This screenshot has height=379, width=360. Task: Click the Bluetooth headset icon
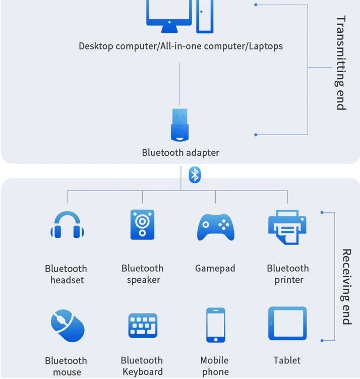(x=67, y=225)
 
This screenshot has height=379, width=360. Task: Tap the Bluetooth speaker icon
(x=142, y=225)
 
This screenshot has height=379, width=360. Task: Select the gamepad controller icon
(x=215, y=227)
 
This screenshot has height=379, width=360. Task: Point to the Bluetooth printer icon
(x=287, y=227)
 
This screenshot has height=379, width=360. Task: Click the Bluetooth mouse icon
(x=67, y=326)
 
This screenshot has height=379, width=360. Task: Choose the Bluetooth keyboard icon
(x=143, y=326)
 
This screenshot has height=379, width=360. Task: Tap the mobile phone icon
(x=215, y=325)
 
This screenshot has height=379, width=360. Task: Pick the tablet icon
(x=287, y=324)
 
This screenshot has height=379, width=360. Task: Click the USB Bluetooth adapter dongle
(x=179, y=125)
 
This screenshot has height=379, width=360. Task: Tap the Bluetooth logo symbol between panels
(x=195, y=175)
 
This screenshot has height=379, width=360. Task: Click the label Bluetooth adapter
(x=181, y=153)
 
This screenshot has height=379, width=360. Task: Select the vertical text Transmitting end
(x=341, y=63)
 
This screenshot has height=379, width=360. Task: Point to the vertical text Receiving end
(x=346, y=286)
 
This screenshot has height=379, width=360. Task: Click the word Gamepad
(x=215, y=269)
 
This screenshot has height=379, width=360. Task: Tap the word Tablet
(x=287, y=360)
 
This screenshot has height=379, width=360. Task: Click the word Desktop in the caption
(x=96, y=46)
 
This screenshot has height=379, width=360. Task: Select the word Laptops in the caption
(x=266, y=46)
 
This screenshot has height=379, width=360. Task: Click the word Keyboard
(x=143, y=372)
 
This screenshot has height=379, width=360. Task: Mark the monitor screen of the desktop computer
(x=169, y=10)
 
